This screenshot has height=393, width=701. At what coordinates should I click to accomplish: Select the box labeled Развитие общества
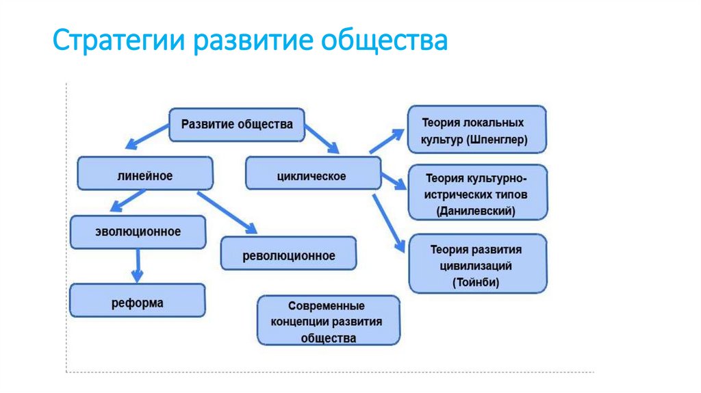pos(236,125)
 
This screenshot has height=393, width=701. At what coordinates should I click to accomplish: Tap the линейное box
pos(144,175)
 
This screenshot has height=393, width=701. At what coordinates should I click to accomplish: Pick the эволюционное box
pos(138,231)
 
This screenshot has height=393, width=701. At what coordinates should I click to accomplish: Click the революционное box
pos(288,255)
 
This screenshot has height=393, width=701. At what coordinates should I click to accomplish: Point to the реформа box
pos(137,301)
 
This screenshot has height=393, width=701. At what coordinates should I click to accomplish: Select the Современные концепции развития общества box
pos(328,320)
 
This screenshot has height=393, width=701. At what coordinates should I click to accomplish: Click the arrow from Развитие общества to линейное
pos(150,138)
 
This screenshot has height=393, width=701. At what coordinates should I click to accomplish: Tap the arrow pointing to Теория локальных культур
pos(387,140)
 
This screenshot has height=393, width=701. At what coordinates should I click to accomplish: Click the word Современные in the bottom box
pos(326,305)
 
